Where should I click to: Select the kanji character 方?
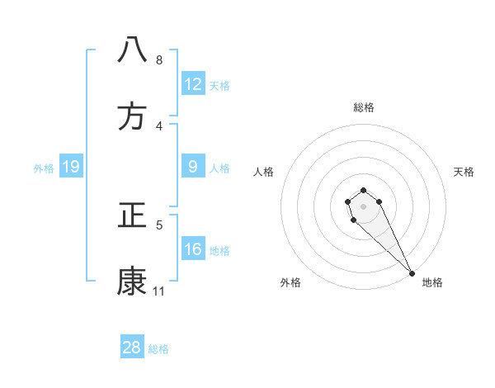tap(133, 117)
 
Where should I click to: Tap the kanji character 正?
tap(133, 216)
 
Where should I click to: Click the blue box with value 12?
tap(193, 84)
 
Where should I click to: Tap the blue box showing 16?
tap(193, 249)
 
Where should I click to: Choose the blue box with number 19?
tap(70, 168)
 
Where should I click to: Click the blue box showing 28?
tap(132, 348)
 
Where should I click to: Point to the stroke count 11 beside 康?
tap(159, 291)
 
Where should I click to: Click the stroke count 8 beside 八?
tap(159, 59)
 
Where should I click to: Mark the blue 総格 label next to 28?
tap(158, 348)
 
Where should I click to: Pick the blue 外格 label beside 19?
tap(44, 168)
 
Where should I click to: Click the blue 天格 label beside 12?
tap(219, 85)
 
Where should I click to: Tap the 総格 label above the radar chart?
tap(364, 107)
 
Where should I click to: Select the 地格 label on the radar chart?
tap(432, 282)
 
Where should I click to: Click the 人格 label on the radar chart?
tap(264, 172)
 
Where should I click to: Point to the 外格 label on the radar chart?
tap(290, 282)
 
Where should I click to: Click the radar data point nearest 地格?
tap(412, 273)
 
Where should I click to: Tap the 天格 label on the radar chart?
tap(464, 172)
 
